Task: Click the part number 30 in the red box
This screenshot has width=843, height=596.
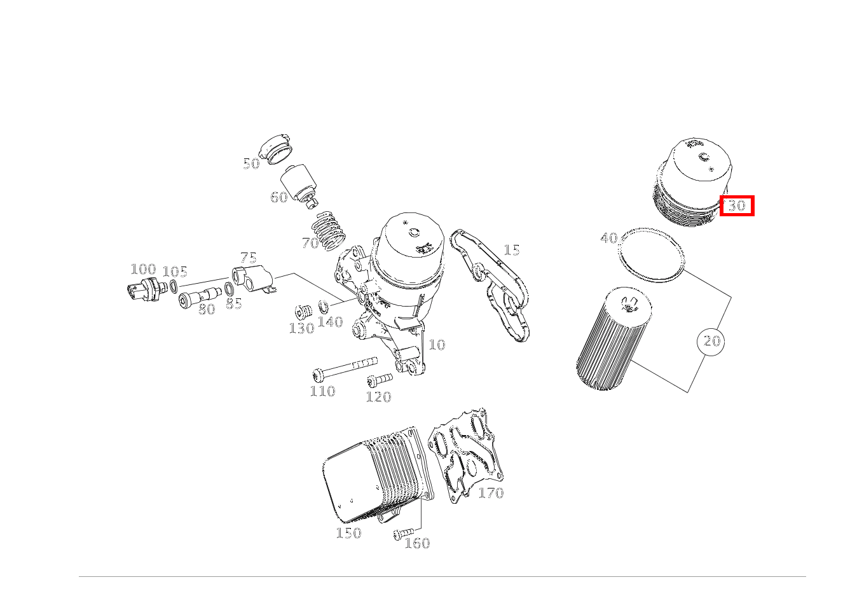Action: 736,206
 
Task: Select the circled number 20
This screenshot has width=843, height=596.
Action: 711,342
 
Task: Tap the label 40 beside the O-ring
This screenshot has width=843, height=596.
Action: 608,239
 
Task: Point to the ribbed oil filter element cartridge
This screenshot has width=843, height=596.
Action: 614,338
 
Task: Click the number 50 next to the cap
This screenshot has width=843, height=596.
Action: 251,164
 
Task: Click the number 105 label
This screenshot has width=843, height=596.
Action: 175,272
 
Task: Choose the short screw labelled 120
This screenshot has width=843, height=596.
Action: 380,380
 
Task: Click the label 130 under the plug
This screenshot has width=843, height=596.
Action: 301,328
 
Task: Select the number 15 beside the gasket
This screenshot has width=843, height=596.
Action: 511,250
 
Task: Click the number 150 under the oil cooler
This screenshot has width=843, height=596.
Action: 348,533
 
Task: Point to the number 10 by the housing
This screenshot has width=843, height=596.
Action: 437,345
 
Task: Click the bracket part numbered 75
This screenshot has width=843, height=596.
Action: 254,280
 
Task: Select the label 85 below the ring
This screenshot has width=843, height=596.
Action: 234,304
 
